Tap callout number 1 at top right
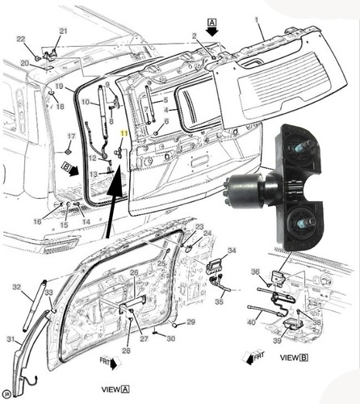click(257, 17)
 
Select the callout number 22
click(21, 38)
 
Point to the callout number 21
click(63, 31)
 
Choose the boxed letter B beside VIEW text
click(304, 357)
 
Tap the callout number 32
click(16, 287)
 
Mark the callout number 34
click(232, 251)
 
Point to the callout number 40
click(250, 322)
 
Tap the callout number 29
click(191, 322)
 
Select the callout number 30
click(170, 339)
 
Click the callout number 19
click(59, 86)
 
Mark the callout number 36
click(254, 271)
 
